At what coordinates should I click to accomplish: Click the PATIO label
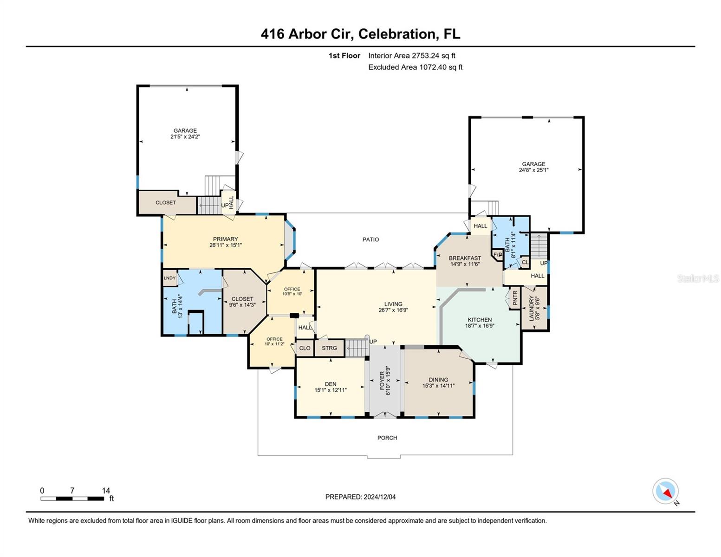click(x=370, y=240)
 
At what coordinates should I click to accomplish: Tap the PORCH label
click(x=387, y=438)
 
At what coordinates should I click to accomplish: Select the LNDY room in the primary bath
click(x=169, y=278)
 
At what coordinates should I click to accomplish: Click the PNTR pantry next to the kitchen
click(x=515, y=298)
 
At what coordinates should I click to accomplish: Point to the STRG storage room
click(x=329, y=348)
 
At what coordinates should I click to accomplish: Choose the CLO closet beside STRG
click(x=305, y=348)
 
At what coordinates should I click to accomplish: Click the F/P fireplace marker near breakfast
click(x=497, y=255)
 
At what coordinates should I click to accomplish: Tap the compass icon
click(x=665, y=491)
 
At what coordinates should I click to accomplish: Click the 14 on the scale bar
click(x=106, y=491)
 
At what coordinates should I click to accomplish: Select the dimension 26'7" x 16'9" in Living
click(x=393, y=310)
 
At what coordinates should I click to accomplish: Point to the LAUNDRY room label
click(x=532, y=308)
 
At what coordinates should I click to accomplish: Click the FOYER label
click(x=382, y=381)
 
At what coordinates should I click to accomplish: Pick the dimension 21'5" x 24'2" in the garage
click(x=185, y=137)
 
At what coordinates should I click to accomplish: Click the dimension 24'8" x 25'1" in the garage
click(x=533, y=170)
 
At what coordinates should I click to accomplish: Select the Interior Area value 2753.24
click(x=425, y=56)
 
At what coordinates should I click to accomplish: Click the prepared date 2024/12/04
click(x=379, y=497)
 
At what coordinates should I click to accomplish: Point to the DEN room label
click(x=330, y=384)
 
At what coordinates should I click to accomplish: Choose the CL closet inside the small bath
click(x=525, y=262)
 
